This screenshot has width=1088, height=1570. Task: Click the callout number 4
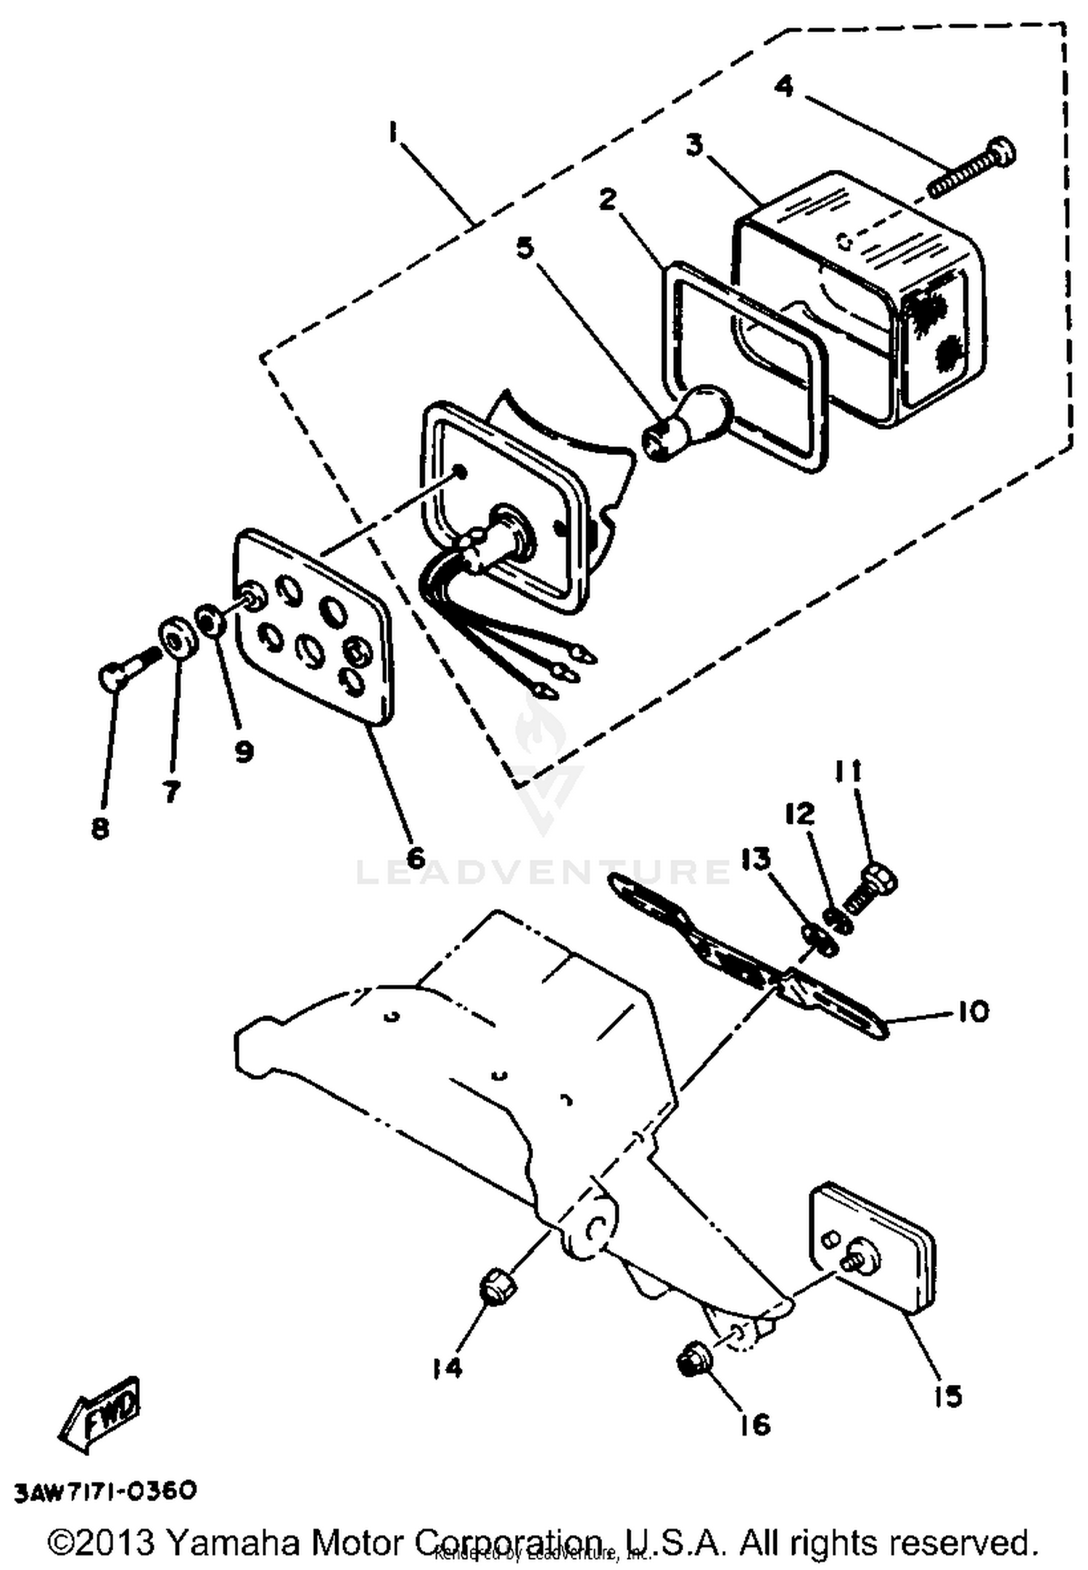click(783, 86)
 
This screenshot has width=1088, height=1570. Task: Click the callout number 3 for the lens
click(694, 145)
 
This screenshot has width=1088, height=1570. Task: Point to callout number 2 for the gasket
click(606, 199)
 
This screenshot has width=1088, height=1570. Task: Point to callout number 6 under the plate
click(415, 857)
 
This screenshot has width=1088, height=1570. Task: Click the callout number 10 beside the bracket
click(973, 1011)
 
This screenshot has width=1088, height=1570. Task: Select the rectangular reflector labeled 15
click(870, 1247)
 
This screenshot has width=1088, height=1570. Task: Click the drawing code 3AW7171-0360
click(105, 1491)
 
